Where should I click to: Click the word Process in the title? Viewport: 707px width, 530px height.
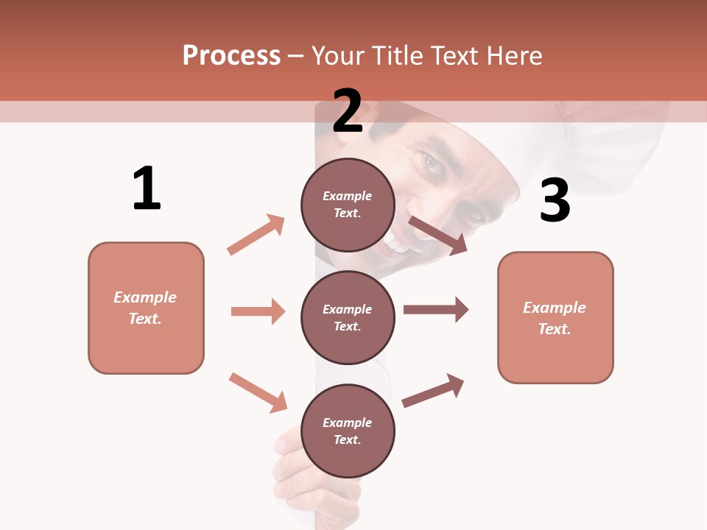point(231,56)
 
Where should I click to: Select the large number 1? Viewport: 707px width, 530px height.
point(147,188)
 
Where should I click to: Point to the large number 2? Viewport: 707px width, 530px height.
point(348,111)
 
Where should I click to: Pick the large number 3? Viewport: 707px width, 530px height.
point(555,200)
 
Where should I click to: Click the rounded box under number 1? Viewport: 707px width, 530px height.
point(146,308)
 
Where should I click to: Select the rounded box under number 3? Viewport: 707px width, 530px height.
point(555,317)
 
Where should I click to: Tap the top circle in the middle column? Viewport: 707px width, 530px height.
point(348,205)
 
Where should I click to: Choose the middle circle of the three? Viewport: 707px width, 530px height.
point(348,317)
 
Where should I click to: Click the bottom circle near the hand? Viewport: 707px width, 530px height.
point(348,431)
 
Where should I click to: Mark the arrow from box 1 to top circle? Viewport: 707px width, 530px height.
point(256,234)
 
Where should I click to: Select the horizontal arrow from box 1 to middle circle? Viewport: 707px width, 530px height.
point(258,311)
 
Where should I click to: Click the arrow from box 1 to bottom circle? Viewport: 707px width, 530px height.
point(258,392)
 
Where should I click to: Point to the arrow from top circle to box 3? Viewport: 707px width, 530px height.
point(438,235)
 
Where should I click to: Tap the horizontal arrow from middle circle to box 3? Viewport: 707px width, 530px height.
point(436,310)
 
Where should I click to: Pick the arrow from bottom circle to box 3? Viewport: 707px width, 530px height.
point(433,390)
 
